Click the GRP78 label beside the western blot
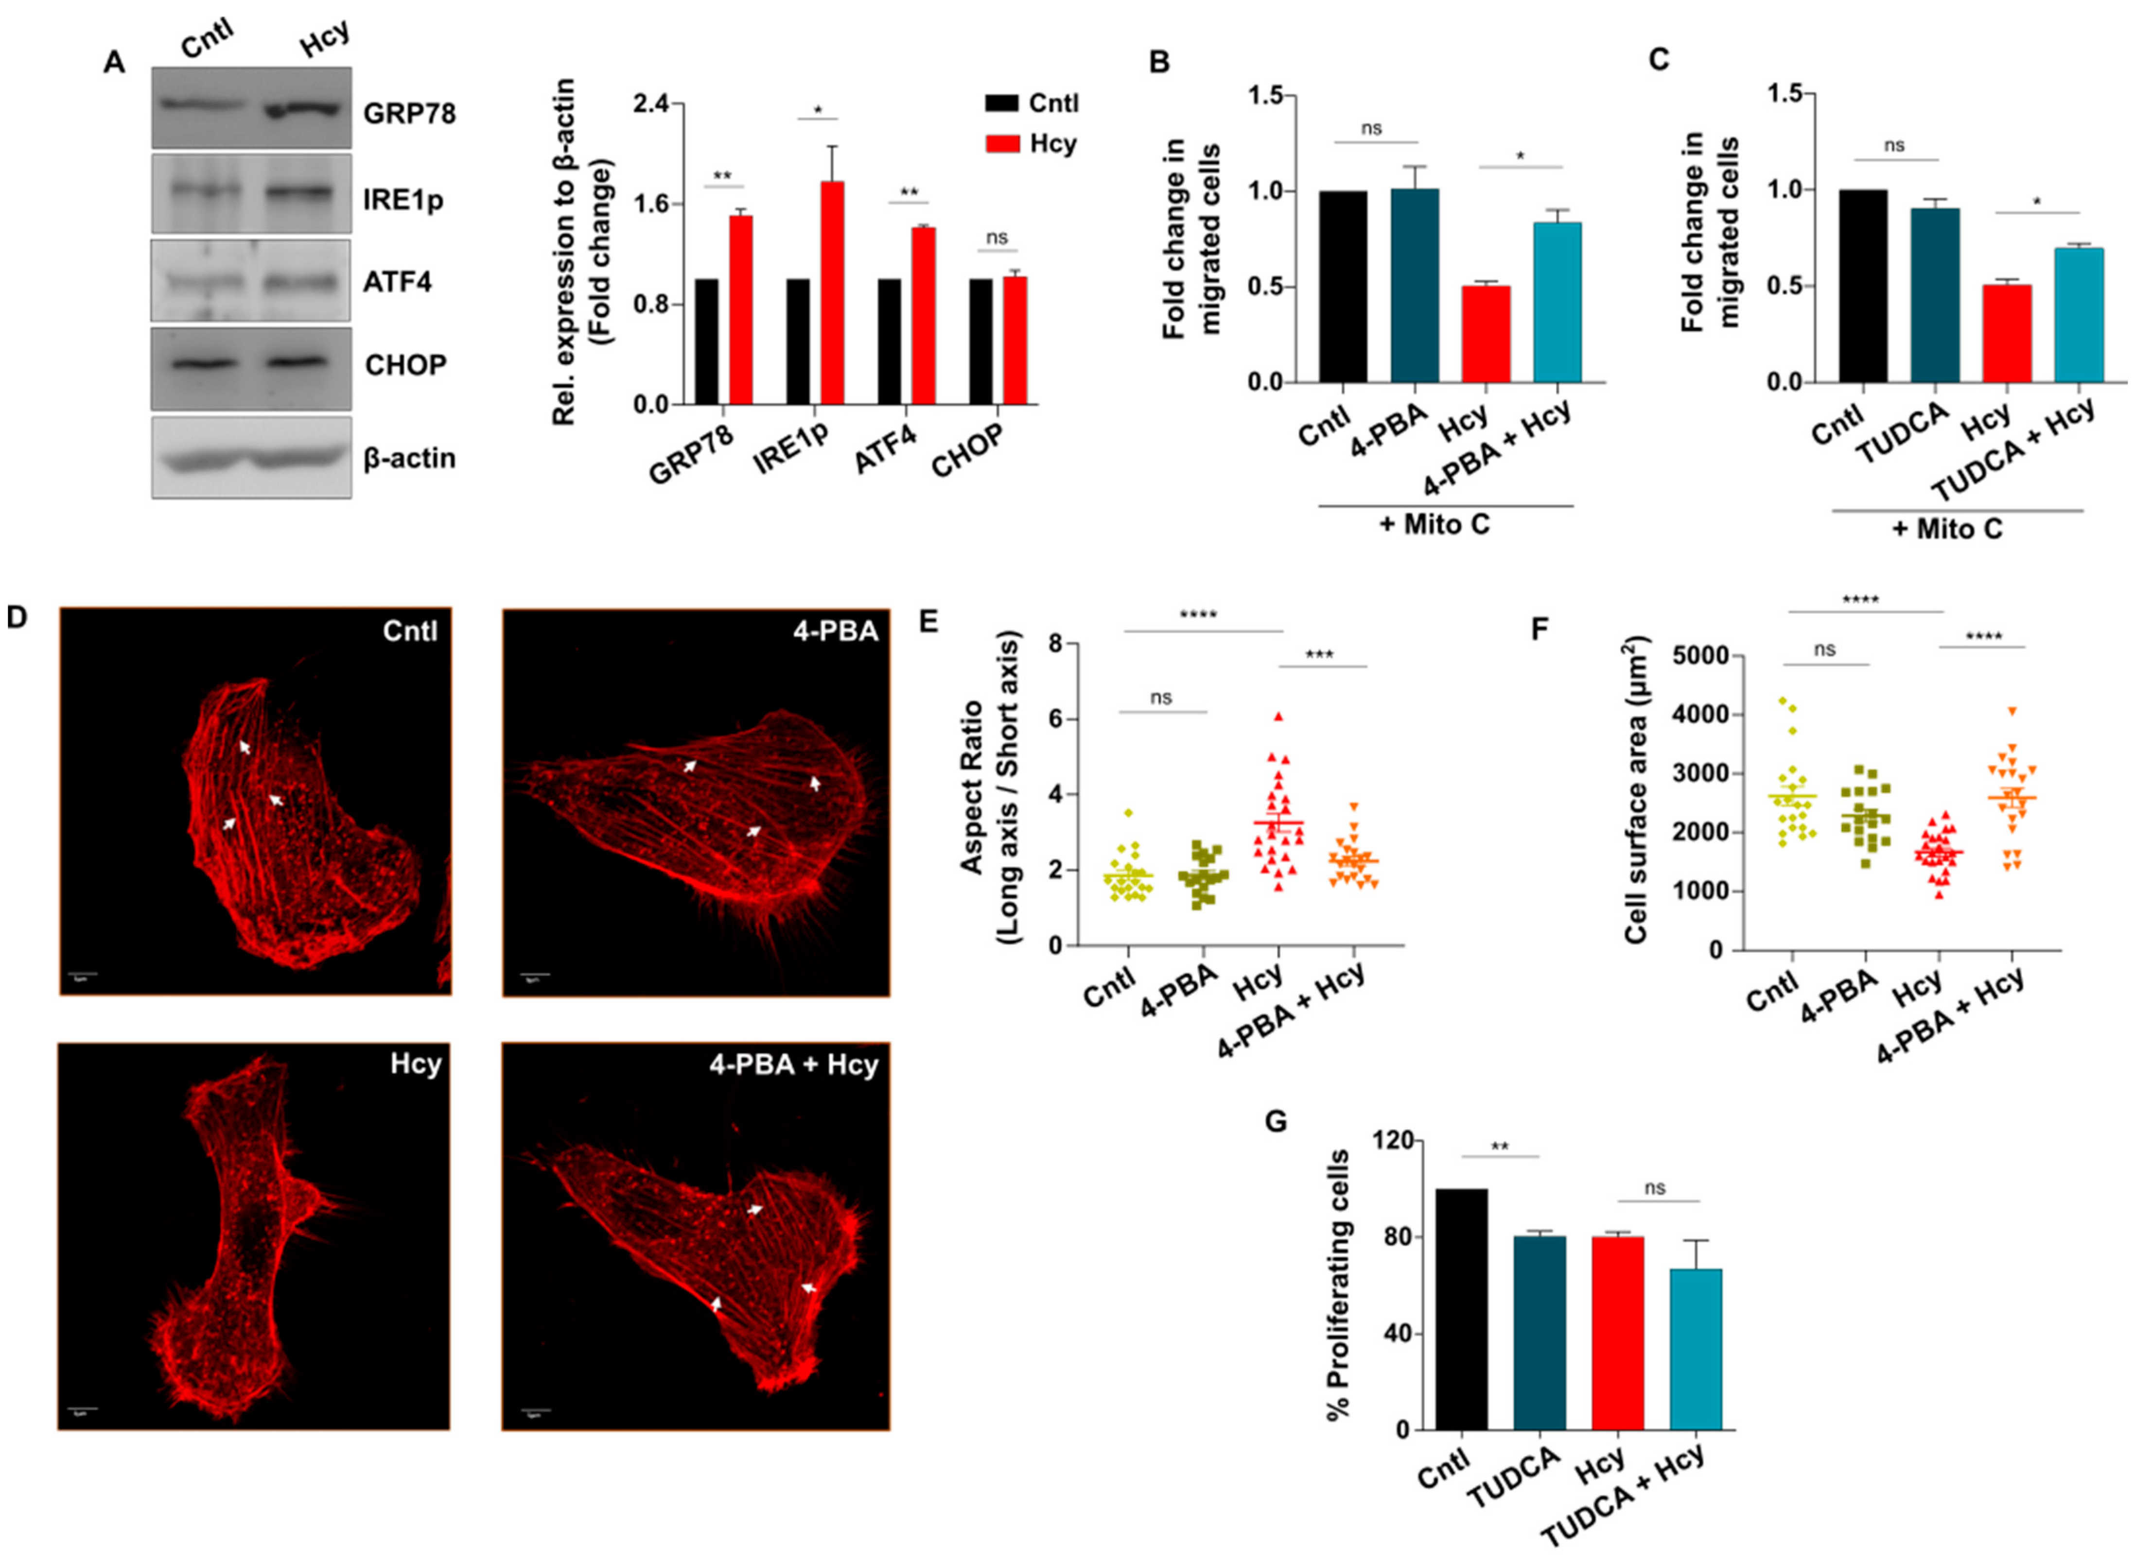408,113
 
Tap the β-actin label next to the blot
409,459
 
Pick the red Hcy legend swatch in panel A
1002,143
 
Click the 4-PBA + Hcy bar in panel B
1557,302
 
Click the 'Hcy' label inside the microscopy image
416,1064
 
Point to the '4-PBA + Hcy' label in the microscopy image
793,1064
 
